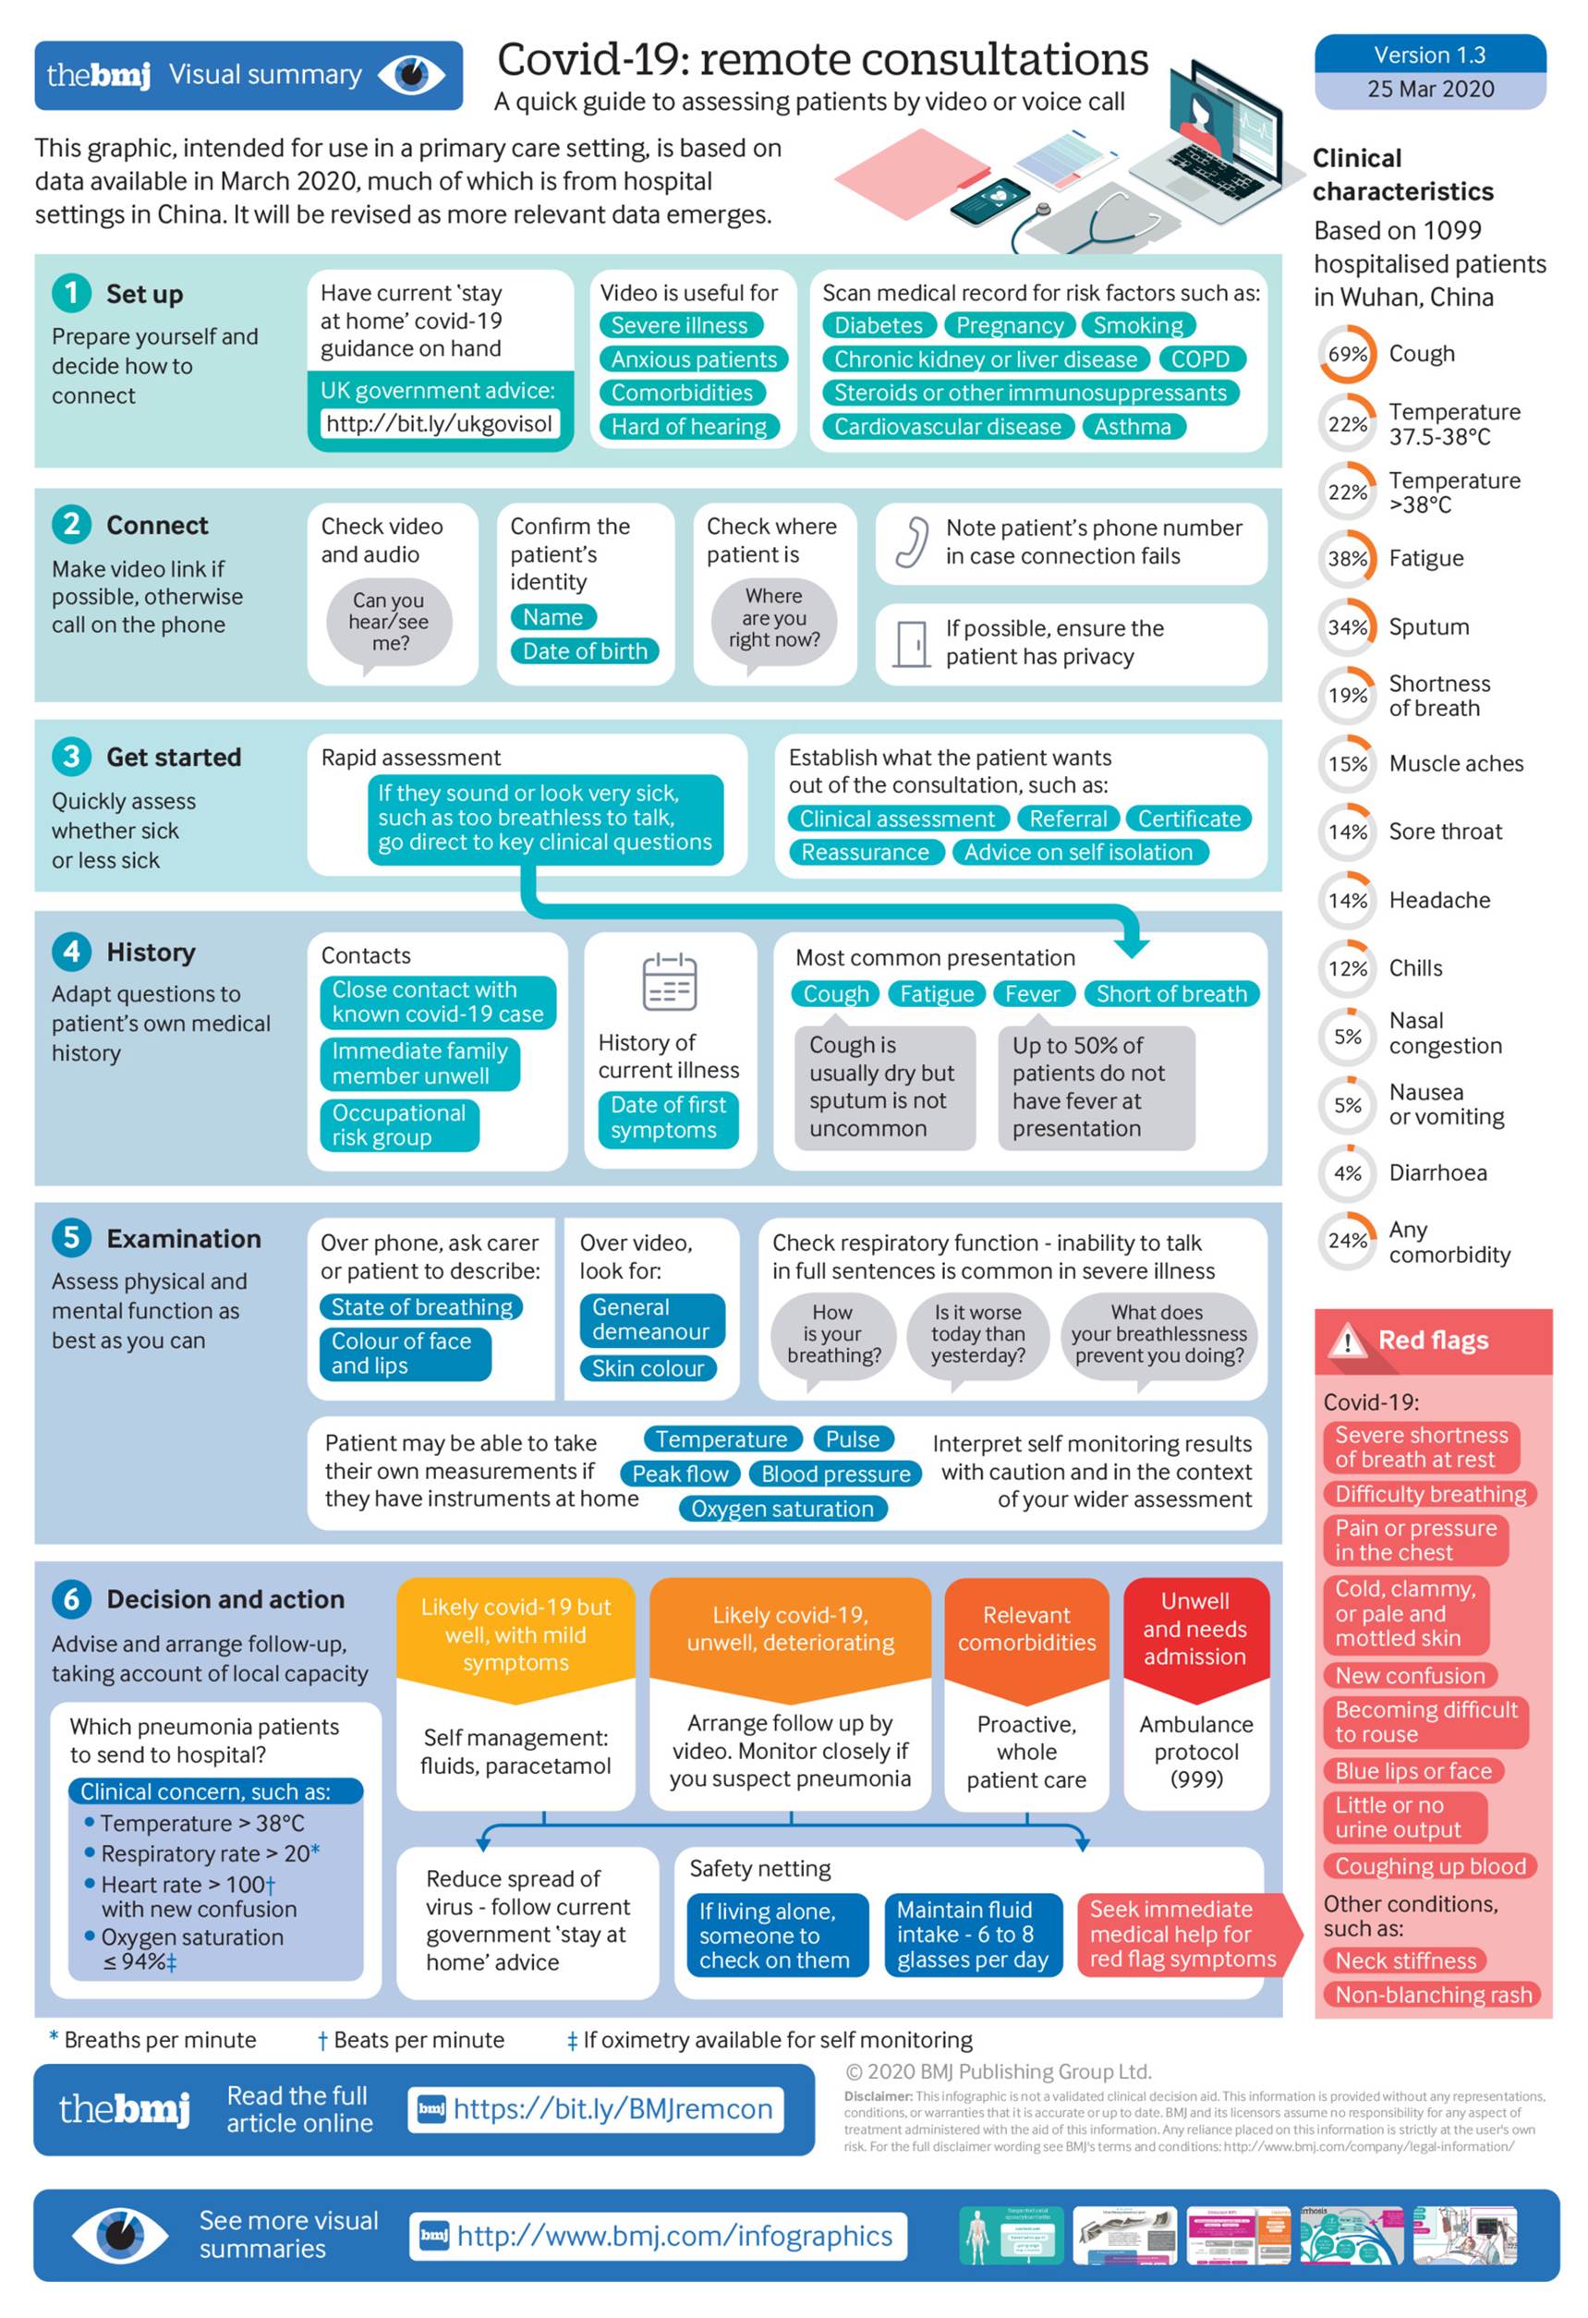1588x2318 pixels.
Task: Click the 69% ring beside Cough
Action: click(1347, 354)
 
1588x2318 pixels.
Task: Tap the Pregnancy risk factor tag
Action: click(1009, 325)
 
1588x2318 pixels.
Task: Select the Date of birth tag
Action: click(585, 651)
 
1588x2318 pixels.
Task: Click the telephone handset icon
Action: click(911, 542)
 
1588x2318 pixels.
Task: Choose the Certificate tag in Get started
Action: click(1188, 819)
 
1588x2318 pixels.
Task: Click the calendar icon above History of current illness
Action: click(670, 981)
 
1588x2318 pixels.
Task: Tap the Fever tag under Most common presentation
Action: click(1033, 993)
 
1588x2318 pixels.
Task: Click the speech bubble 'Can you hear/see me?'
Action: click(389, 623)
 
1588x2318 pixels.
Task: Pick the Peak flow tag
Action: click(680, 1475)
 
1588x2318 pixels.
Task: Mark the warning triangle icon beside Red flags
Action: click(1348, 1342)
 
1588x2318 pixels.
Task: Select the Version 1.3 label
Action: click(1428, 55)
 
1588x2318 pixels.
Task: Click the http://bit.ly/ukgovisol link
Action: click(439, 424)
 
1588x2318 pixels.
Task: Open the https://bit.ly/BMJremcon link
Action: click(612, 2108)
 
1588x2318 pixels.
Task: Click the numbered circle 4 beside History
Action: click(72, 952)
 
